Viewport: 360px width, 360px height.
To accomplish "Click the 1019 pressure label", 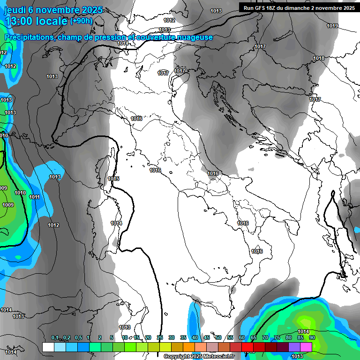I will tap(332, 26).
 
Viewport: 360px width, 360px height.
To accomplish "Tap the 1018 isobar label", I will tap(319, 58).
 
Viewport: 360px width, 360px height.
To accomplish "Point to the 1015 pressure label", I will tap(113, 179).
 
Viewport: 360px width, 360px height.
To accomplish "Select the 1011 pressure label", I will tap(34, 197).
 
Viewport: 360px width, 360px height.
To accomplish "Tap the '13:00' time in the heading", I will tap(19, 21).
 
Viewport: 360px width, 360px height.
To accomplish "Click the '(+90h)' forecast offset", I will tap(81, 21).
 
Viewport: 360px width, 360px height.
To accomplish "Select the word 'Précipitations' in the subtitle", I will tap(28, 37).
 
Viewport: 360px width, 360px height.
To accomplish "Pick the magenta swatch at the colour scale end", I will tap(306, 347).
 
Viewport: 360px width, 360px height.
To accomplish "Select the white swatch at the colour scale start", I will tap(48, 347).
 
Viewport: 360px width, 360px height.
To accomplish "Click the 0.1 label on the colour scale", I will tap(54, 337).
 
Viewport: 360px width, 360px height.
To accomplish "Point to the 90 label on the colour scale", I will tap(312, 337).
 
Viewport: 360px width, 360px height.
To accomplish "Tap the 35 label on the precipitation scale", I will tap(183, 337).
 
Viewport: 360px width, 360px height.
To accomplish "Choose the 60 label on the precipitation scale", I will tap(241, 337).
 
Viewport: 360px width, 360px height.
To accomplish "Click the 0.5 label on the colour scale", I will tap(78, 337).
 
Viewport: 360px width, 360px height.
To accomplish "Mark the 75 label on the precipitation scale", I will tap(277, 337).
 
